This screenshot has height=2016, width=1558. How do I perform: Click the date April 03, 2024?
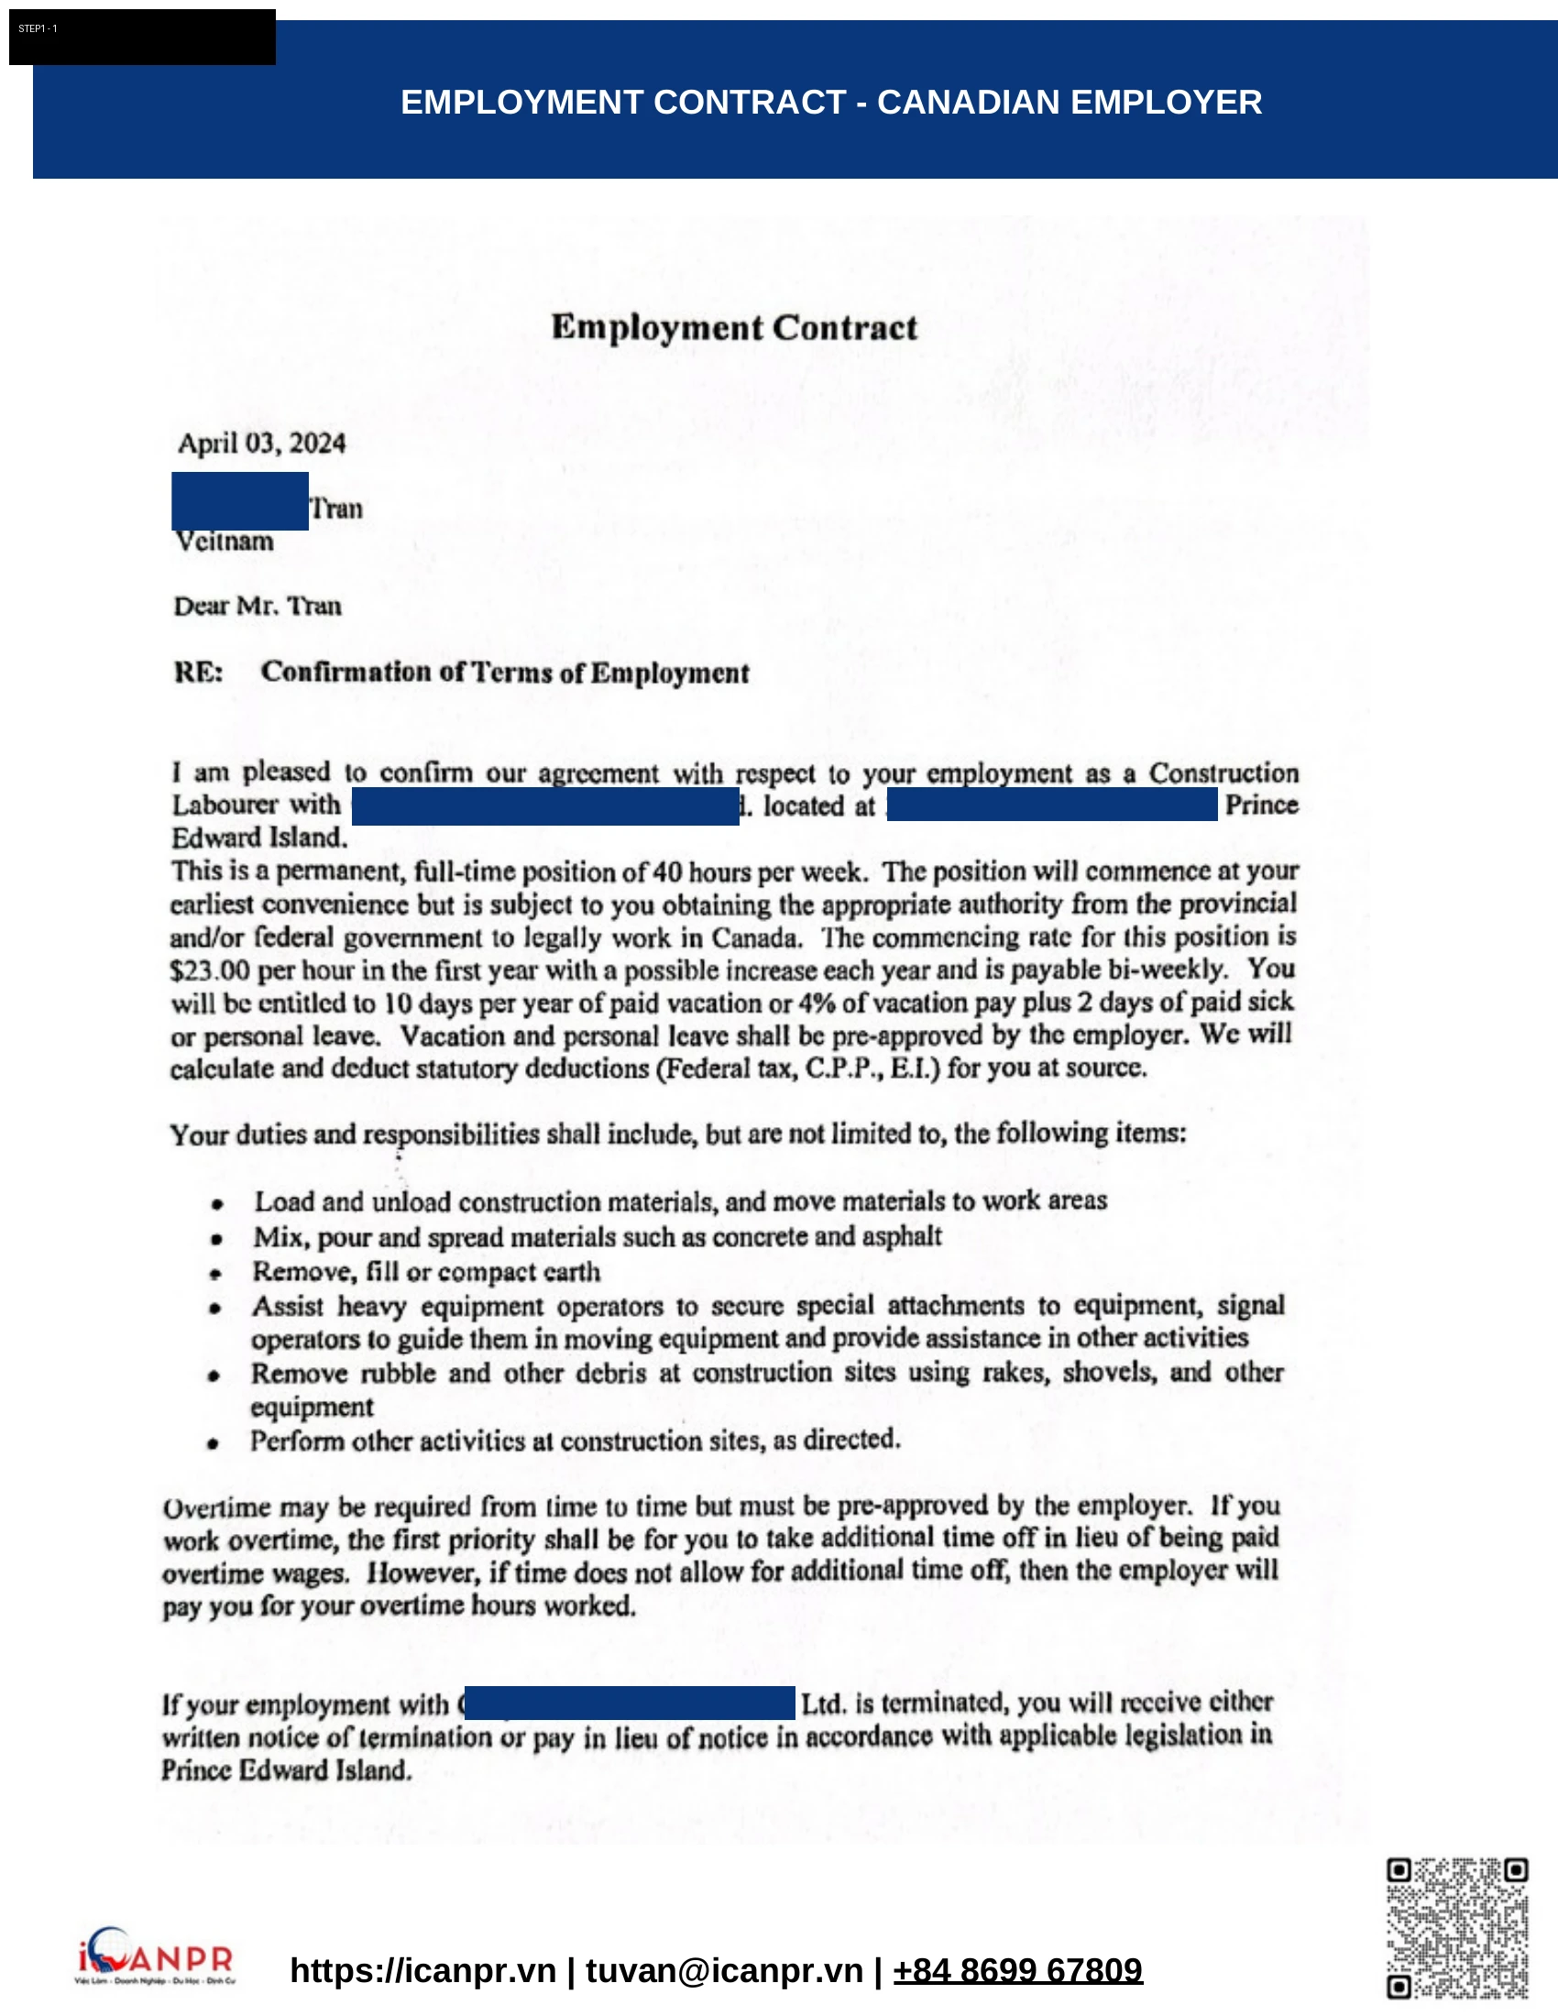261,444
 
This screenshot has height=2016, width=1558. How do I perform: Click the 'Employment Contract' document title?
734,328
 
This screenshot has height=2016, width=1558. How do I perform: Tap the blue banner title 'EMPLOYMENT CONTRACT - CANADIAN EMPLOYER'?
830,102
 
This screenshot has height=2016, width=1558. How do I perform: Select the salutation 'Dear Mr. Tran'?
258,606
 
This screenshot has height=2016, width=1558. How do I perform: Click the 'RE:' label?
199,672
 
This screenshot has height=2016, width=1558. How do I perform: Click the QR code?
1456,1927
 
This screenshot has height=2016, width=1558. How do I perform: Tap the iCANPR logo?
155,1956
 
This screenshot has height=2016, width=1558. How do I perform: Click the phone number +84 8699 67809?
1017,1970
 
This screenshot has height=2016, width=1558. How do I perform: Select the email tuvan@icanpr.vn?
724,1970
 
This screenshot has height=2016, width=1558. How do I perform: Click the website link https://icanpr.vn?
422,1970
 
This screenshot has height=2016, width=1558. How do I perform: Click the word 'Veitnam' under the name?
225,541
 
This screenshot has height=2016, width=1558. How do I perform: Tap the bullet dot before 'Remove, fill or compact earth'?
215,1275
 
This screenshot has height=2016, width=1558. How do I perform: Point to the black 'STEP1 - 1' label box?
142,37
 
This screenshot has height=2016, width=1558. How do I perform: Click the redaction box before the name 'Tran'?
240,500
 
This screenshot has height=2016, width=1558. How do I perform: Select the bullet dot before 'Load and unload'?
217,1204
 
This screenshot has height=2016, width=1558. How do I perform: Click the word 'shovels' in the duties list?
1108,1373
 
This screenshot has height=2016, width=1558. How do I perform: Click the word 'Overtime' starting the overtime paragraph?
217,1507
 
